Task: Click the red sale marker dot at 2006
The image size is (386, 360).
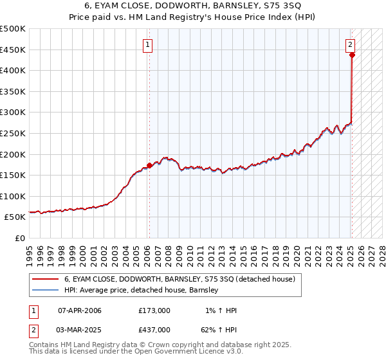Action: [149, 165]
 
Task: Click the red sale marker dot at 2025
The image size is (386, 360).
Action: [352, 55]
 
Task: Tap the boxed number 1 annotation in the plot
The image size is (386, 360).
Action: [148, 45]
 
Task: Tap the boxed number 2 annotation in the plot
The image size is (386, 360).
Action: [350, 45]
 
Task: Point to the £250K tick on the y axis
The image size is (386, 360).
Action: [13, 133]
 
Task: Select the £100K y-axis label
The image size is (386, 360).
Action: [13, 196]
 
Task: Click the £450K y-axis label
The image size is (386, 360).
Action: [13, 50]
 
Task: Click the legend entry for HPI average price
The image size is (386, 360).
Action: [141, 291]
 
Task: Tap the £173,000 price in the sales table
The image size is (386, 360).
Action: [154, 310]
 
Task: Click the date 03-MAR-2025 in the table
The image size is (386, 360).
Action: [80, 330]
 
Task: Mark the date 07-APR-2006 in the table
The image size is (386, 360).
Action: [80, 310]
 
